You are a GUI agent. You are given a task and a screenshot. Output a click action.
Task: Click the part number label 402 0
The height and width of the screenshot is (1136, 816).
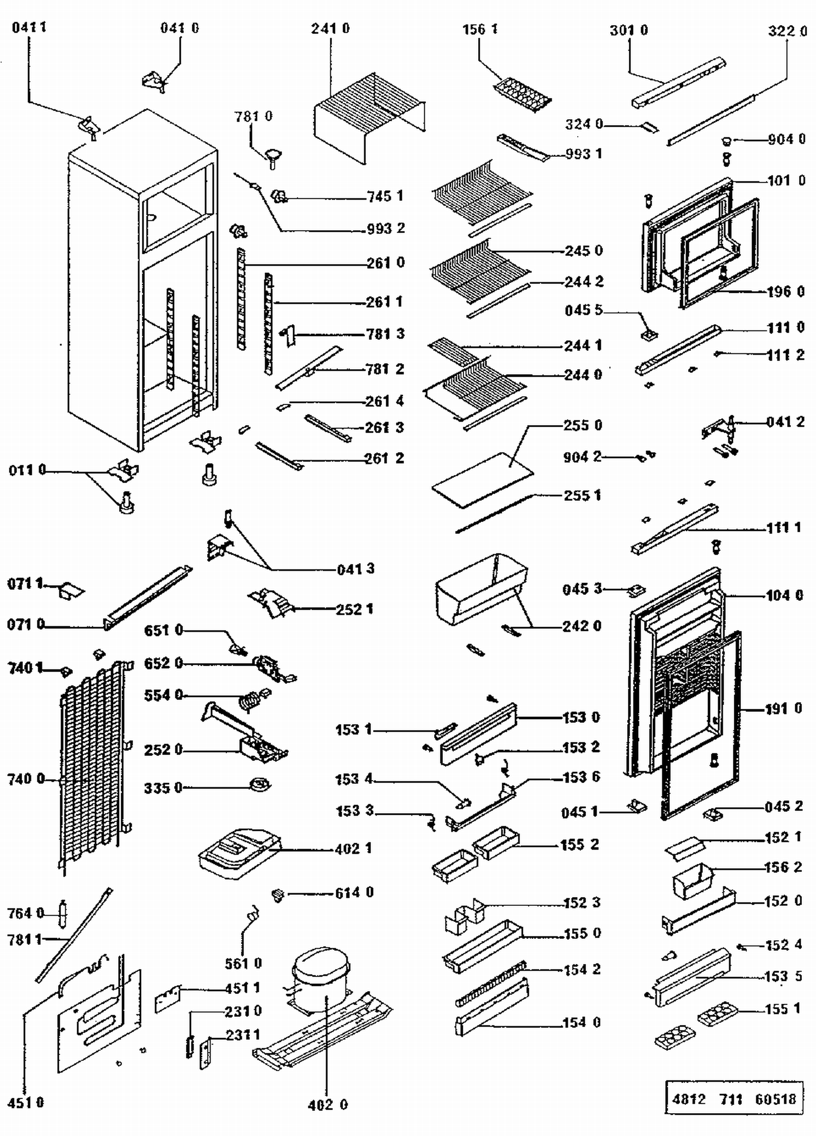click(x=327, y=1104)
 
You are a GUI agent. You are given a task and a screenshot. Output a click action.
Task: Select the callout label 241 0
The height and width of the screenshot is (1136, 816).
click(x=330, y=28)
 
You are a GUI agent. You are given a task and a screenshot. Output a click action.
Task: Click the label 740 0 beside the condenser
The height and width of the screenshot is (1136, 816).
click(x=26, y=779)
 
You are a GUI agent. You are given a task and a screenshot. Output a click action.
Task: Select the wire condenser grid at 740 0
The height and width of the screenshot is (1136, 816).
click(x=92, y=762)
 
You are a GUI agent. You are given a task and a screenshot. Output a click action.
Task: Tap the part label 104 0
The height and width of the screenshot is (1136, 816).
click(x=784, y=595)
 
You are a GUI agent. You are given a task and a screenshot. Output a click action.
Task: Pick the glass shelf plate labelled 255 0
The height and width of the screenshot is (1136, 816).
click(x=483, y=480)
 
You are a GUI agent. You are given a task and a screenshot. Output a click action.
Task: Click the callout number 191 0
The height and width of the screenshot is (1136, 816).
click(x=783, y=708)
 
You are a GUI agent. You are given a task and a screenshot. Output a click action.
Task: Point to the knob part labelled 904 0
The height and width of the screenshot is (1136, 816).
click(x=726, y=141)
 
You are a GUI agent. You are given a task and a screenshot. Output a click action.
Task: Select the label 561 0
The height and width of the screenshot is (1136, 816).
click(x=243, y=963)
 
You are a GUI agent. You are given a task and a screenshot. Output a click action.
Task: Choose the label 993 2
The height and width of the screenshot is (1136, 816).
click(x=385, y=228)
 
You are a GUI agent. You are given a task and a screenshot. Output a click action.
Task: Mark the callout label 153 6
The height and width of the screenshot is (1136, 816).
click(x=580, y=777)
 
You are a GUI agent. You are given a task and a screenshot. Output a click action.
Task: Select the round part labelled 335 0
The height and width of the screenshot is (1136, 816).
click(x=259, y=784)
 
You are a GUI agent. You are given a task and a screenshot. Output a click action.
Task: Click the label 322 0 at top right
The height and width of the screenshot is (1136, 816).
click(x=787, y=31)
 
